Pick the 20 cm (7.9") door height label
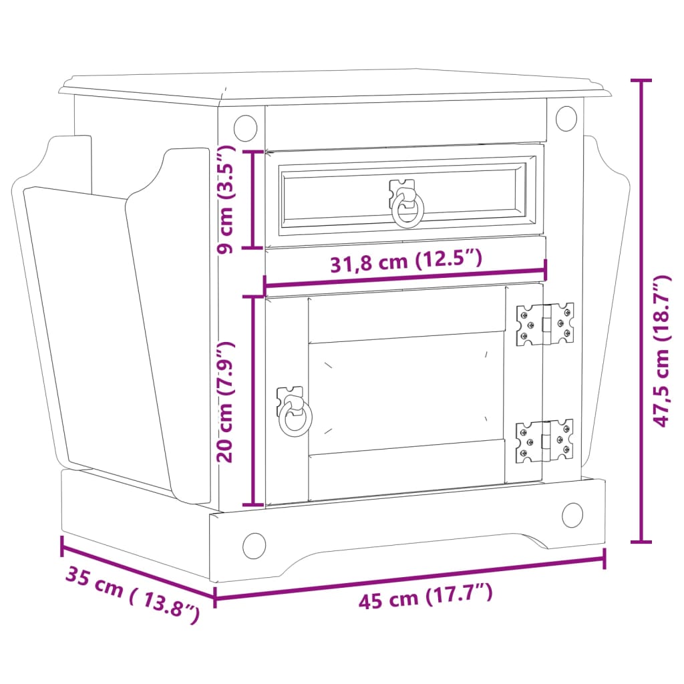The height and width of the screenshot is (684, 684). pyautogui.click(x=225, y=401)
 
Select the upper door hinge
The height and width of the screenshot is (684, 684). pyautogui.click(x=545, y=324)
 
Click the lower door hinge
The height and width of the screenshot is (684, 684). pyautogui.click(x=545, y=441)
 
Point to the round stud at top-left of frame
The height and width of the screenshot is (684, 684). pyautogui.click(x=245, y=127)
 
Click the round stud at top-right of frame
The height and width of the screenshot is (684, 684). pyautogui.click(x=566, y=118)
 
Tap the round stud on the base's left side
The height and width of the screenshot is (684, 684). pyautogui.click(x=254, y=546)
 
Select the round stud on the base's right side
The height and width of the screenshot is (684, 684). pyautogui.click(x=572, y=514)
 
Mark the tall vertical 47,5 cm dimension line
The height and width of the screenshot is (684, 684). pyautogui.click(x=642, y=311)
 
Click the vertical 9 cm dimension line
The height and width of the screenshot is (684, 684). pyautogui.click(x=252, y=199)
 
